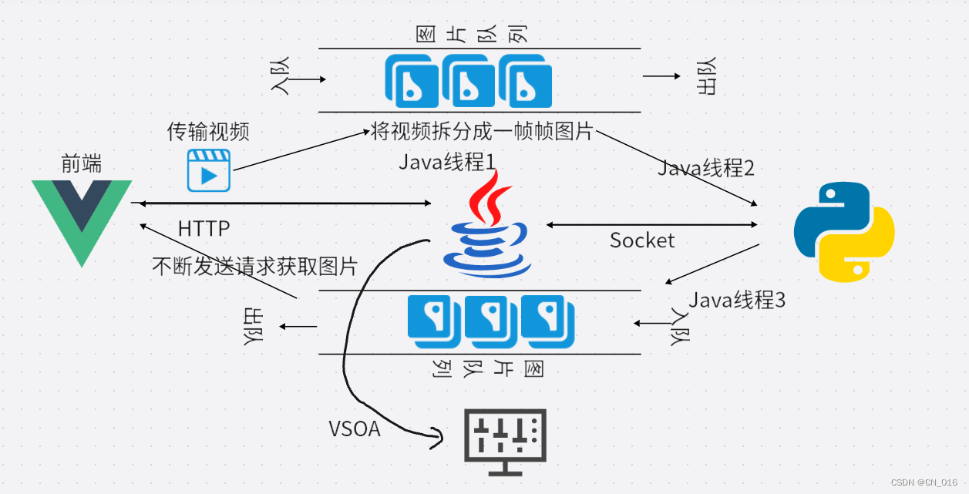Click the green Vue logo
click(82, 220)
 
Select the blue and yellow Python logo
click(844, 232)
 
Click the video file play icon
click(209, 170)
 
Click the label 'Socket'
click(642, 240)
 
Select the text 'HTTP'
click(204, 229)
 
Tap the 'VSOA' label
click(355, 429)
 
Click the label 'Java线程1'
click(447, 163)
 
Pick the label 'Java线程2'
click(705, 168)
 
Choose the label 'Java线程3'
click(737, 300)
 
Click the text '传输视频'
click(208, 132)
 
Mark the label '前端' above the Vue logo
click(82, 163)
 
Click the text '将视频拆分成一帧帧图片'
click(482, 132)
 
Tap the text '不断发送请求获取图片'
click(255, 267)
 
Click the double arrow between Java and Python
click(652, 225)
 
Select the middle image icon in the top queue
click(468, 82)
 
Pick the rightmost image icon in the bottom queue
click(548, 320)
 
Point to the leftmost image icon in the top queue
click(412, 82)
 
